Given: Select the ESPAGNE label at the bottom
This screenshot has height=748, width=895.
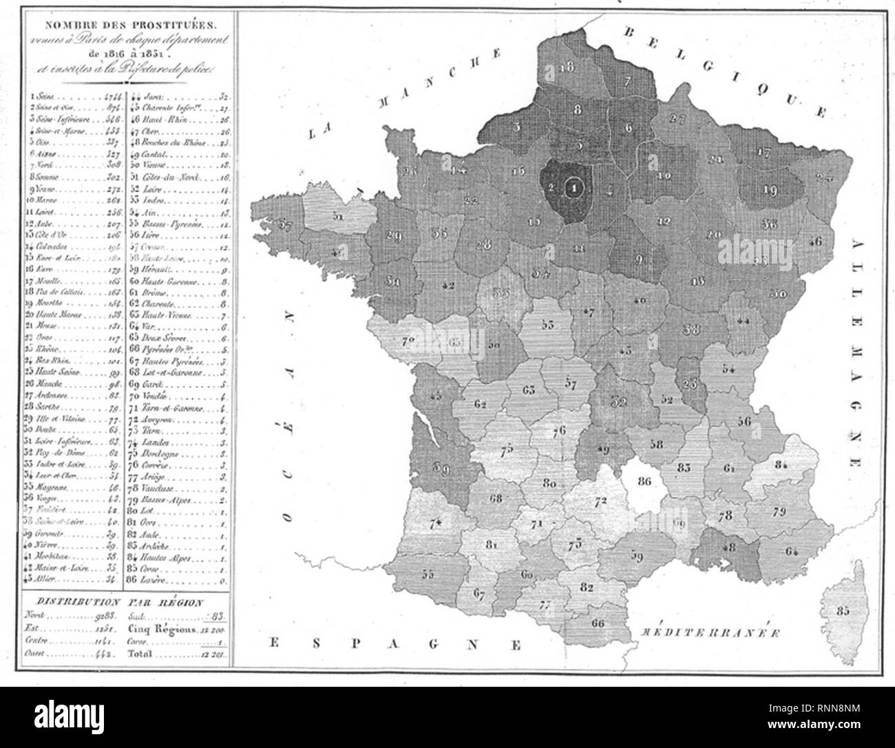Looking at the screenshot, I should click(x=392, y=644).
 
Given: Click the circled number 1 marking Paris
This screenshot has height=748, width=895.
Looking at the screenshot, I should click(x=573, y=186).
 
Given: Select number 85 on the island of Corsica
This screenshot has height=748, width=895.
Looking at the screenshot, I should click(x=841, y=610).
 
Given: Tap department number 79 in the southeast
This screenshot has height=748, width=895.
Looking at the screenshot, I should click(x=779, y=511).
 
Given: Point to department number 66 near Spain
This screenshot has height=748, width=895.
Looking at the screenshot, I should click(x=598, y=623).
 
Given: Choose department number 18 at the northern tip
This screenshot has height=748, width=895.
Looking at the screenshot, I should click(x=568, y=67).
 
